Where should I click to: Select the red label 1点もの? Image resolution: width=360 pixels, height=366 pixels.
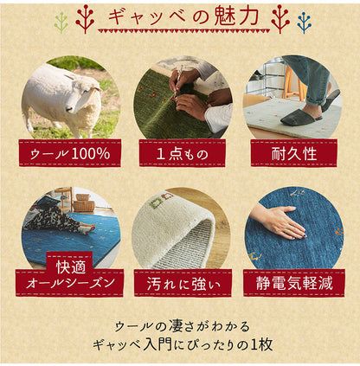(x=179, y=153)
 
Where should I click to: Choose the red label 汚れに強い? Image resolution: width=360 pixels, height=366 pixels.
(x=179, y=281)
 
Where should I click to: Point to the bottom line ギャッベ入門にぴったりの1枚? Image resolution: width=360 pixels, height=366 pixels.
(x=180, y=343)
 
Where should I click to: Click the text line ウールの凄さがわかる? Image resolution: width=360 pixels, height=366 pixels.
(x=180, y=325)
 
